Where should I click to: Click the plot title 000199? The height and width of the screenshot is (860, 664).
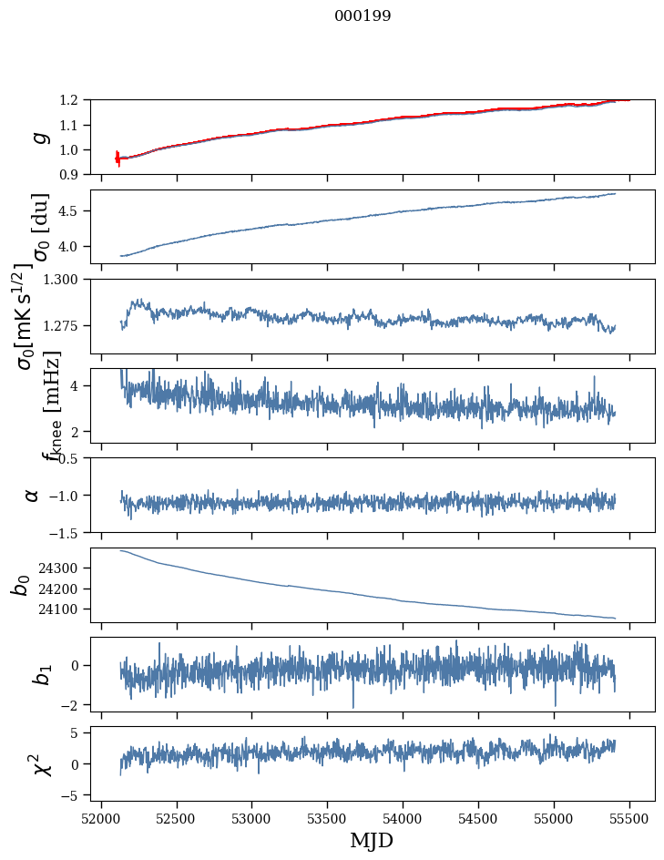tap(363, 16)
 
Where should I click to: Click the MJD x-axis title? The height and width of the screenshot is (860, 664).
tap(372, 840)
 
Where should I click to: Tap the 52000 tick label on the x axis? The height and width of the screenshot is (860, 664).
tap(101, 817)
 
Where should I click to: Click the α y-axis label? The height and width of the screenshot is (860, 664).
tap(33, 495)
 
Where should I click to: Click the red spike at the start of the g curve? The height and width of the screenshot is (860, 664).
tap(117, 158)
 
